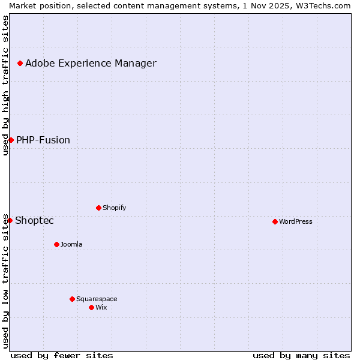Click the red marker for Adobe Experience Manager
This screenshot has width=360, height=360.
[x=20, y=63]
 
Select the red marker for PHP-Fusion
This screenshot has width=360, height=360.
[x=11, y=140]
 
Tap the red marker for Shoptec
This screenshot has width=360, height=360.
[x=10, y=220]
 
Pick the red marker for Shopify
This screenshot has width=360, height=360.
[x=98, y=208]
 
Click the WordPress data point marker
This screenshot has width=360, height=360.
[x=275, y=221]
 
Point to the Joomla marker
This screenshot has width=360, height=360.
[x=56, y=244]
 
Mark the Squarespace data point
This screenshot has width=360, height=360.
[x=72, y=299]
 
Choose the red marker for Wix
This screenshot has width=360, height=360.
[x=91, y=307]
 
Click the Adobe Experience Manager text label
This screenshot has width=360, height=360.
[x=91, y=63]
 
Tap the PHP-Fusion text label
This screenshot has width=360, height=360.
[x=43, y=140]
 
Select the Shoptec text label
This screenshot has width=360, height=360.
[x=34, y=220]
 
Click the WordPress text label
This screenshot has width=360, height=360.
[x=296, y=221]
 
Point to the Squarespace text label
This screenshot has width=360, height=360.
[x=97, y=299]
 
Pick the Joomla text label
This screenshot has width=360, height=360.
[x=71, y=244]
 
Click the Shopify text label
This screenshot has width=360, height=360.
[x=114, y=208]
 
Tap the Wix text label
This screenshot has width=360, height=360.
[x=101, y=307]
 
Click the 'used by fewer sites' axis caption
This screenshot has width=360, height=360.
[x=62, y=355]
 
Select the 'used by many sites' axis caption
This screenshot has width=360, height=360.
[x=301, y=355]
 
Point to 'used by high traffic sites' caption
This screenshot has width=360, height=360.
[x=5, y=85]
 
